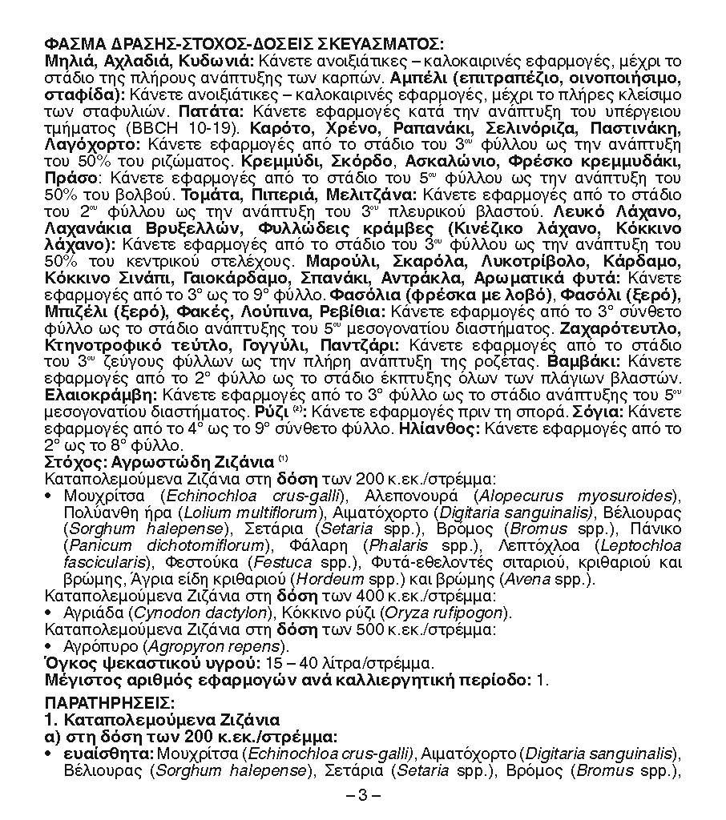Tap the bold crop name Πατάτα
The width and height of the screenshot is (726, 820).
(x=205, y=111)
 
